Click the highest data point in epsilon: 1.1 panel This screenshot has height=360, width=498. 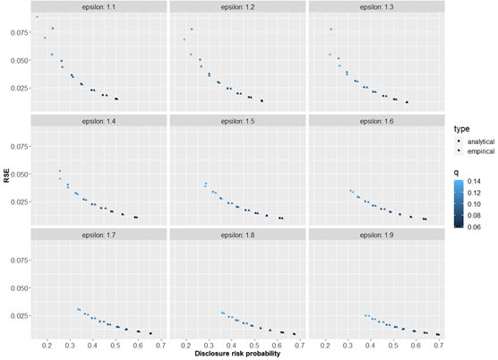pos(37,17)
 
